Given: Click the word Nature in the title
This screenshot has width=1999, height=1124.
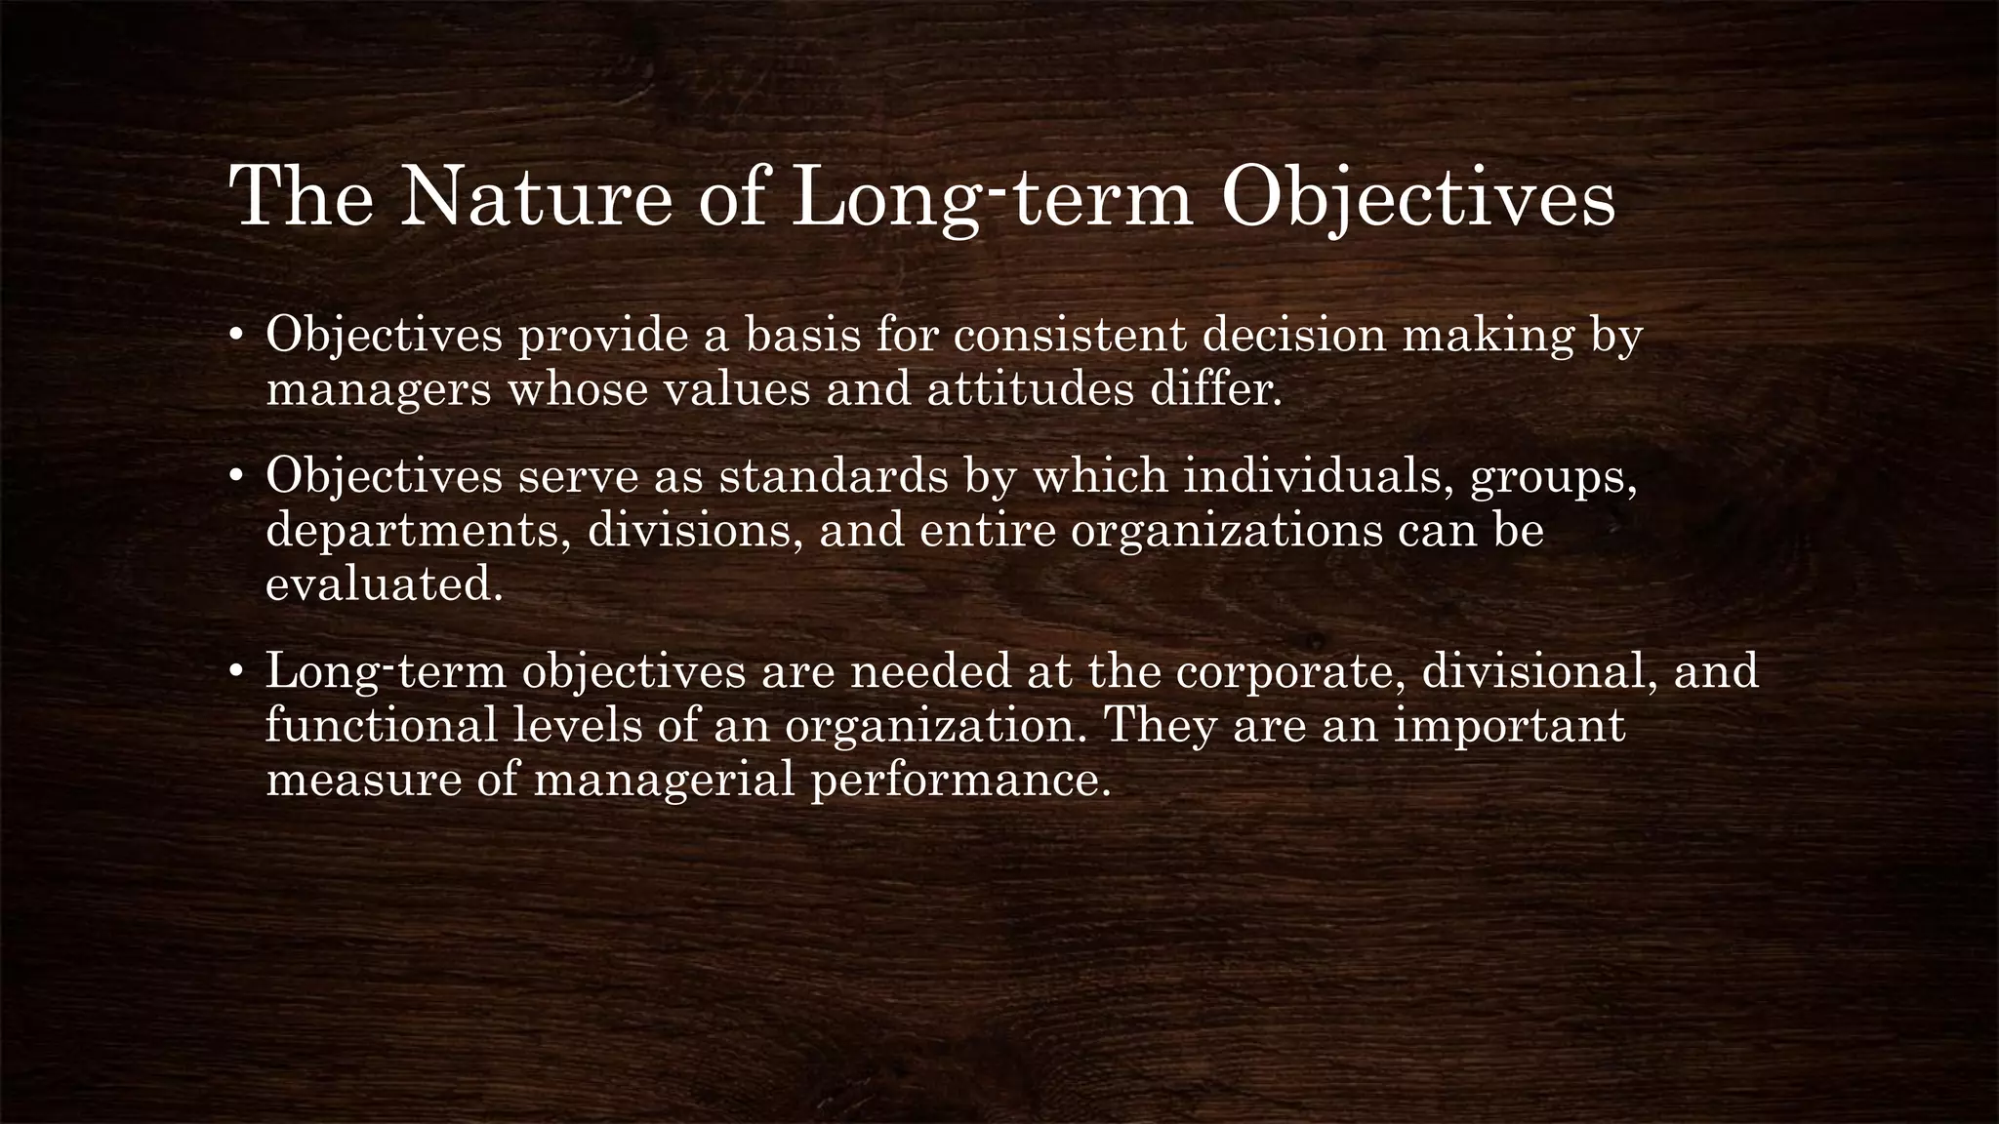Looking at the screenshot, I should (536, 198).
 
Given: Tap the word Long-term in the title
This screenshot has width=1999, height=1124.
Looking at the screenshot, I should (993, 198).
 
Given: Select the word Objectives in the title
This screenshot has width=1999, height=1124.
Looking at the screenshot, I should (1418, 198).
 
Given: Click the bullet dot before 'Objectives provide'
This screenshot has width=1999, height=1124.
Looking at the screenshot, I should (235, 337).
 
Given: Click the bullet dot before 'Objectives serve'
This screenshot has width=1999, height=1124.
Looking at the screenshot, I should (235, 478).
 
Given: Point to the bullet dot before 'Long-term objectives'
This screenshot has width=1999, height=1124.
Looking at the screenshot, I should (235, 672).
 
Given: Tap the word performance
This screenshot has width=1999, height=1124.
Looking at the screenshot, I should (961, 782).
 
